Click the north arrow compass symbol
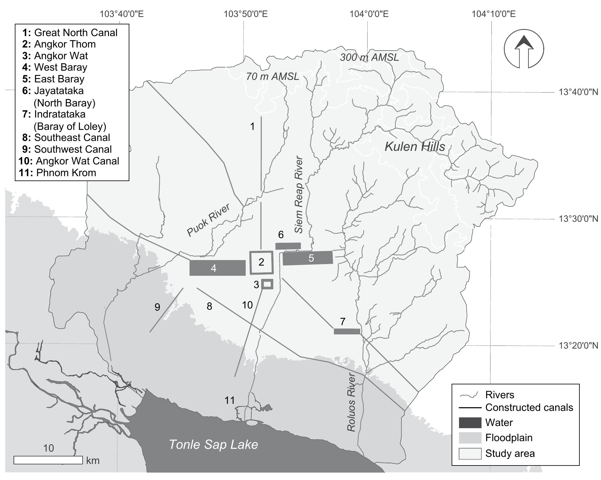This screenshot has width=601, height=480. coord(524,49)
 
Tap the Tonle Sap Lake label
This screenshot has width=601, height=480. coord(213,445)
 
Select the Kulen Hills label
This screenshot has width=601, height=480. coord(415,147)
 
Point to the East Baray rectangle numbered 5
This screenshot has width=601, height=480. coord(308,258)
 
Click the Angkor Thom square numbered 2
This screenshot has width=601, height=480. coord(261,262)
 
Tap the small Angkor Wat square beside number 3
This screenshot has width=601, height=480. coord(267,284)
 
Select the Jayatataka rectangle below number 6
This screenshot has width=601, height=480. coord(288,246)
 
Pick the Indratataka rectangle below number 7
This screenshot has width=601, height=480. coord(347,331)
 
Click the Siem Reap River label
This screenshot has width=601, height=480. coord(299,195)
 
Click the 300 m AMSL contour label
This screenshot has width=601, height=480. coord(369,57)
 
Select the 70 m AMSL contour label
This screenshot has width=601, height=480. coord(273,76)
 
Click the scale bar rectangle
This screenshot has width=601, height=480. coord(48,460)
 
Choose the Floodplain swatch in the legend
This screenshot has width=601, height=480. coord(470,438)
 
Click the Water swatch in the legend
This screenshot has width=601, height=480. coord(470,423)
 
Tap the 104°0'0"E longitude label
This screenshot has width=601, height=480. coord(369,14)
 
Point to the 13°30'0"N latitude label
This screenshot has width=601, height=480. coord(578,219)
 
